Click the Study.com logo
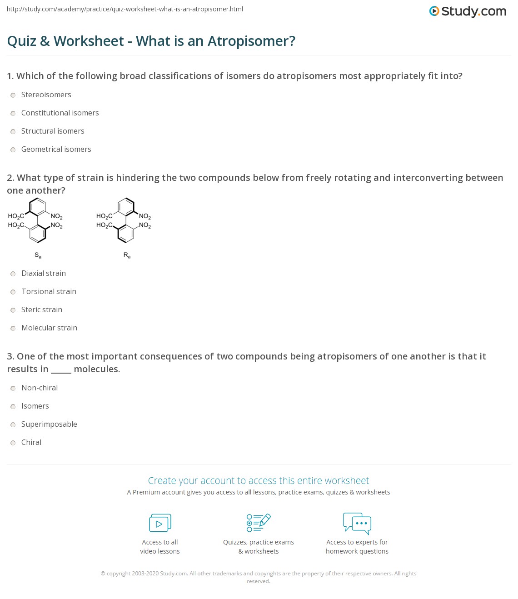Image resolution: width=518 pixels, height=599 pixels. (468, 11)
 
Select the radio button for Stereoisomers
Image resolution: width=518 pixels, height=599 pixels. (13, 95)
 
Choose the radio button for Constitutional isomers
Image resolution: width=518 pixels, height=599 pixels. (13, 113)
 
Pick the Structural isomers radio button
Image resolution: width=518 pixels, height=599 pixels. (13, 131)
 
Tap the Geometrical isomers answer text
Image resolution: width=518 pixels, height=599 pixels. (56, 149)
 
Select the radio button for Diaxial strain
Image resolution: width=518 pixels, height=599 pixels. (13, 274)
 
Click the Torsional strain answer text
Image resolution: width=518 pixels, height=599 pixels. (49, 291)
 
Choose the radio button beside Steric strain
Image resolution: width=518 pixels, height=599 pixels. (13, 310)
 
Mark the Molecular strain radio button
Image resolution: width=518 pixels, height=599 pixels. (13, 328)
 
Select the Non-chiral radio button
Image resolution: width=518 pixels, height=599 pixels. (13, 388)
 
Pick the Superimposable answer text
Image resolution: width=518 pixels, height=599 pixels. (49, 424)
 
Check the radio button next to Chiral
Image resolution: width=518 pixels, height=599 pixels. (13, 443)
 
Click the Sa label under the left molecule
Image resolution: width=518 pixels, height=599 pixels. (38, 255)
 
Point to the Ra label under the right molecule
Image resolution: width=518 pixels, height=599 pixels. (127, 255)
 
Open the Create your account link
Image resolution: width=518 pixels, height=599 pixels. (258, 480)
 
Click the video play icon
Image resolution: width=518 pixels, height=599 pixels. (160, 523)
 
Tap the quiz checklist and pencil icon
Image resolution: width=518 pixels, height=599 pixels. (259, 523)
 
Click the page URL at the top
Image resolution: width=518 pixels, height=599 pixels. (125, 9)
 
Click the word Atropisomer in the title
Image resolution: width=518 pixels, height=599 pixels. (251, 41)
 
